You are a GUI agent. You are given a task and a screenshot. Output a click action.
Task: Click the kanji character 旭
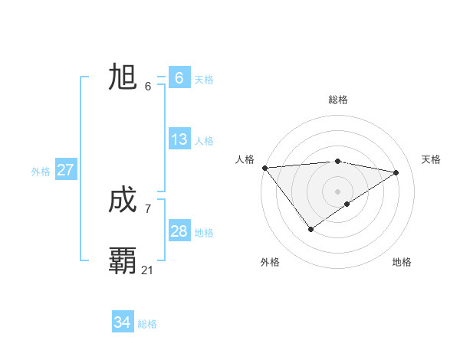coord(123,77)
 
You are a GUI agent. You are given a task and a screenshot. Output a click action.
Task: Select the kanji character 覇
coord(123,260)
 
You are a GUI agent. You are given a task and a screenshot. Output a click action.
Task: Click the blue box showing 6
coord(179,77)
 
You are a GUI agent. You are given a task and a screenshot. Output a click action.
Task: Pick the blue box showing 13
coord(179,139)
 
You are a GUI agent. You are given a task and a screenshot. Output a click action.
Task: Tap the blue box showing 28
coord(179,231)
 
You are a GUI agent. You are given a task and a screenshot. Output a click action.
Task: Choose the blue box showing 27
coord(65,170)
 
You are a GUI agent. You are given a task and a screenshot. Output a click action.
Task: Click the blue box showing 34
coord(122,322)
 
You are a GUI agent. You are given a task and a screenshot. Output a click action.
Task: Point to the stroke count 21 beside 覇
coord(148,270)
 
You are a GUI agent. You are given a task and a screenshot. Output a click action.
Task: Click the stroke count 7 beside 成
coord(148,208)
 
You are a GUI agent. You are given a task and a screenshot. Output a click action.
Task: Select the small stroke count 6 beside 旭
coord(148,86)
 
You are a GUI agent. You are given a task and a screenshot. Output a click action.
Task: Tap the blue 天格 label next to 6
coord(204,79)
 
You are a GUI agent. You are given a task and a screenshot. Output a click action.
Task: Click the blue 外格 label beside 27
coord(41,172)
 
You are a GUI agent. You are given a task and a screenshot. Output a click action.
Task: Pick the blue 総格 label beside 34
coord(147,324)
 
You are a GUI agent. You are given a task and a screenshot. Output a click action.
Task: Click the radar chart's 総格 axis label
coord(338,100)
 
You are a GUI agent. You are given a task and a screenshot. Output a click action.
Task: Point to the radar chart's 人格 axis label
coord(245,159)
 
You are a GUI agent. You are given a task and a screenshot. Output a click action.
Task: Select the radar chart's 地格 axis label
coord(402,262)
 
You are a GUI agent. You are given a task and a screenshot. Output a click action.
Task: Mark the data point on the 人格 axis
coord(264,168)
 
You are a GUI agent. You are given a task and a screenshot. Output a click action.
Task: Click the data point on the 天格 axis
coord(396,172)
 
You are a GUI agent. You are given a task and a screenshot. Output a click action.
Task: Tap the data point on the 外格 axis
coord(310,228)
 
